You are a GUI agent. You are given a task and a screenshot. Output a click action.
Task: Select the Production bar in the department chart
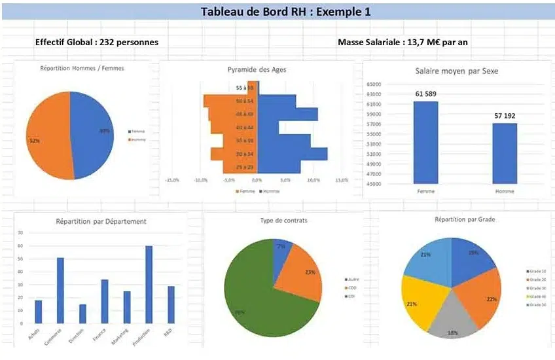coord(149,285)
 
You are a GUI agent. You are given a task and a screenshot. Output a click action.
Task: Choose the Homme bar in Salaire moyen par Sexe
coord(505,153)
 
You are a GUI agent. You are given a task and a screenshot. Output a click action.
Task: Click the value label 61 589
coord(425,94)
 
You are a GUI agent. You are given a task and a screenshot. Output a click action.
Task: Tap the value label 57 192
coord(505,116)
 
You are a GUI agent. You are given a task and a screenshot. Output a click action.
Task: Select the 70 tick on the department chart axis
coord(21,232)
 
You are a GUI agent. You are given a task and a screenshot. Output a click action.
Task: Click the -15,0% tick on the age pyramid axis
coord(173,179)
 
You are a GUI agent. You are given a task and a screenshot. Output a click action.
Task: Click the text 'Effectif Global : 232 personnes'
coord(97,42)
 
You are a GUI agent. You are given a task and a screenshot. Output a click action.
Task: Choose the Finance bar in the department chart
coord(105,301)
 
